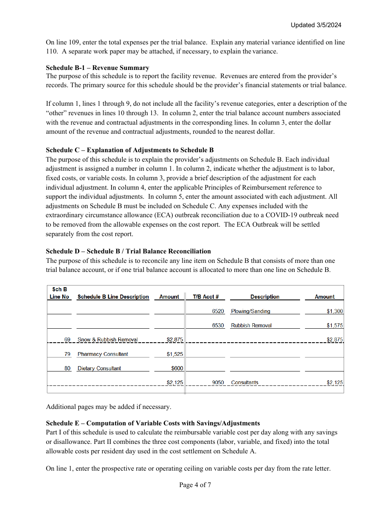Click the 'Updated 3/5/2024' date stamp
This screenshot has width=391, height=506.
tap(316, 25)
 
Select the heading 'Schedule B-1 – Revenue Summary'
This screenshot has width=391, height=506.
tap(98, 68)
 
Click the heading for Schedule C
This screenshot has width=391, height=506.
tap(130, 150)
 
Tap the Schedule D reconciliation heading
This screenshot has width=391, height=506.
tap(128, 251)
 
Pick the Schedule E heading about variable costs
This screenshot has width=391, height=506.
tap(153, 423)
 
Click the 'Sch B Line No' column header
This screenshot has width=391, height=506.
tap(60, 293)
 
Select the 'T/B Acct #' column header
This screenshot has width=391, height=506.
tap(205, 297)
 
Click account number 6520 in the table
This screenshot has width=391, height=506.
tap(218, 311)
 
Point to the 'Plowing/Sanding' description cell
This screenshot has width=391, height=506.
tap(251, 311)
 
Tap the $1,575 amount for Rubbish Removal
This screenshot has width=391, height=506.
tap(335, 325)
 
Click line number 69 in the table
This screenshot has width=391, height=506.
tap(67, 340)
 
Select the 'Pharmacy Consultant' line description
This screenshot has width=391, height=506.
tap(103, 354)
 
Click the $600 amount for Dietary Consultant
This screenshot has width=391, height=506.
tap(177, 369)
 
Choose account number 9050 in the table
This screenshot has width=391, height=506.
tap(218, 383)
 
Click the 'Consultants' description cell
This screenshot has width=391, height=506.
tap(244, 383)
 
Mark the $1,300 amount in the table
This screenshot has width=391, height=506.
tap(335, 311)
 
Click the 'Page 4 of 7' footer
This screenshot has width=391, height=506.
tap(195, 485)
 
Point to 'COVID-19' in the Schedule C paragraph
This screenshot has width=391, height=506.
tap(280, 215)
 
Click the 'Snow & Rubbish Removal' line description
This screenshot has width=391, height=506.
tap(108, 340)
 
